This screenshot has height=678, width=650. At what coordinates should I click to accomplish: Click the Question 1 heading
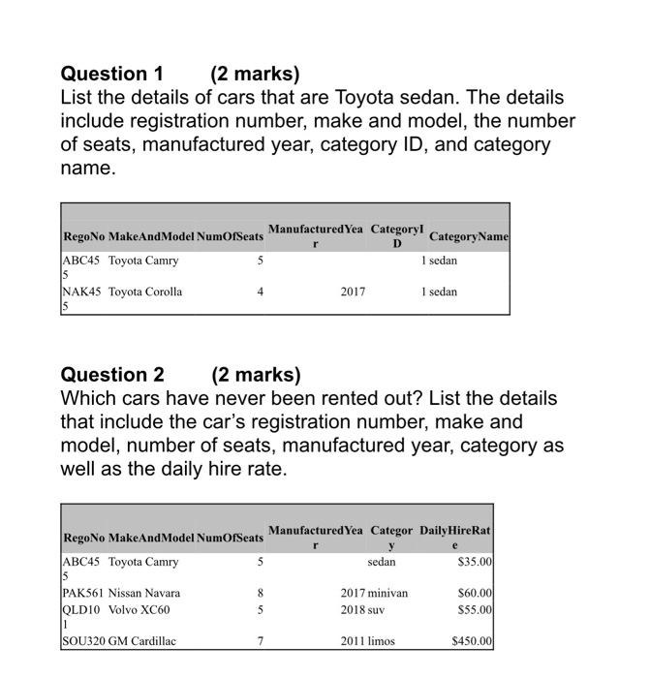pos(111,74)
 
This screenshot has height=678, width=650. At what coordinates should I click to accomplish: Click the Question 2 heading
pos(111,375)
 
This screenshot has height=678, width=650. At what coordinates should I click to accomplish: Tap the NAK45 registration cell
pos(81,292)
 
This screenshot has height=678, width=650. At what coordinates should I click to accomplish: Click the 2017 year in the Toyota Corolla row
pos(353,292)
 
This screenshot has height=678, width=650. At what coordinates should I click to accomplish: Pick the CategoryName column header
pos(468,237)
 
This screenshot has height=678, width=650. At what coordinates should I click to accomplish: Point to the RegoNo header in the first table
pos(83,237)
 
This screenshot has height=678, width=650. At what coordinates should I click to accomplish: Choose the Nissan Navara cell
pos(144,593)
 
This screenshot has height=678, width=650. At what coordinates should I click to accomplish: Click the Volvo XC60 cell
pos(139,609)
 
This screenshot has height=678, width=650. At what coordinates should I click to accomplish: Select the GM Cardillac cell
pos(141,640)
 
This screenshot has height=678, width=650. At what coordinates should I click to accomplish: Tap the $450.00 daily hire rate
pos(473,640)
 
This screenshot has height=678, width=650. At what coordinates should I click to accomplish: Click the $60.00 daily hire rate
pos(476,593)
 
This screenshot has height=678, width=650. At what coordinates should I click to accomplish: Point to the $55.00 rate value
pos(476,609)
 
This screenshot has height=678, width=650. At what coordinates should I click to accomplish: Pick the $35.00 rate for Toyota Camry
pos(476,562)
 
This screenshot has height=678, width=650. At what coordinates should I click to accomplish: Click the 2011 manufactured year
pos(353,640)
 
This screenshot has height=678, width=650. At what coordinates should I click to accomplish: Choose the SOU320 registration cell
pos(83,640)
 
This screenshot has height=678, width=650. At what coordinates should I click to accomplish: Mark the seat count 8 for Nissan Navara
pos(260,593)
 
